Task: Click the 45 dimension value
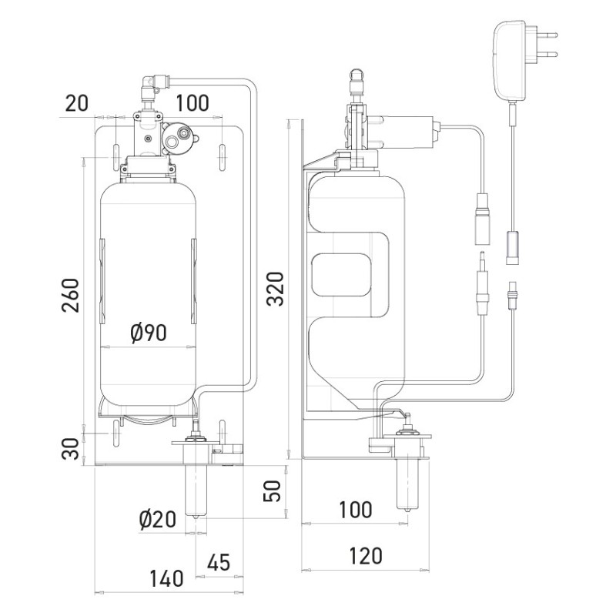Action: pos(219,562)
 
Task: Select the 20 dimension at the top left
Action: pos(76,103)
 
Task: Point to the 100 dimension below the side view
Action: pos(355,509)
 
